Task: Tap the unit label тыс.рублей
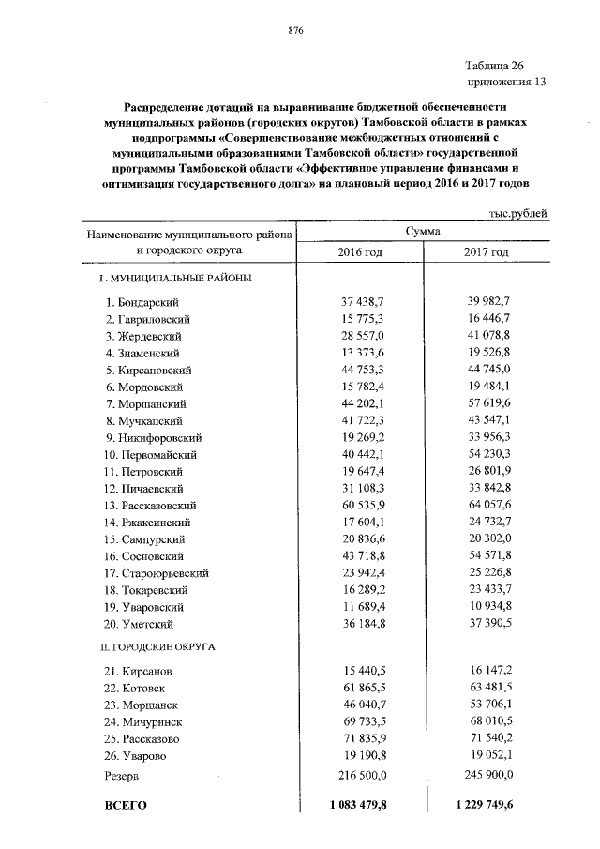point(517,214)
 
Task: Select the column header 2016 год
point(360,252)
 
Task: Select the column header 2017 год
point(487,252)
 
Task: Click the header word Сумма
point(424,231)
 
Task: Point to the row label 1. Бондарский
point(142,301)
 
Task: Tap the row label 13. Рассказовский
point(151,505)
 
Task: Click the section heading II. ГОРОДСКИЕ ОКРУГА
point(158,647)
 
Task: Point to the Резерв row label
point(122,776)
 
